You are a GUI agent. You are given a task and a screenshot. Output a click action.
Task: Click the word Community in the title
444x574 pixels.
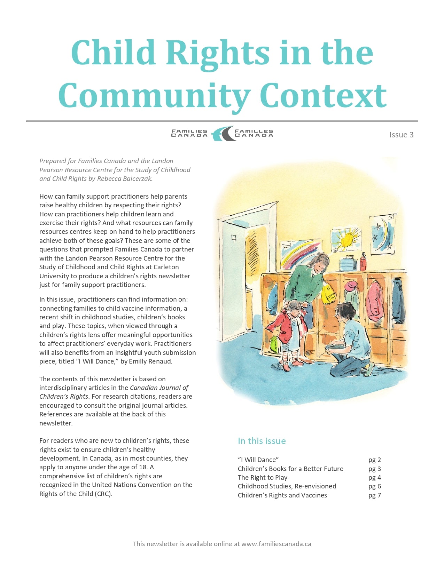(154, 96)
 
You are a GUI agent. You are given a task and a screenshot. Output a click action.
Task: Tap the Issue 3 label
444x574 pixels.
(401, 135)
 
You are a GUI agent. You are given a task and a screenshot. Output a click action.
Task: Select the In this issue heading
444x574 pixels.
(262, 441)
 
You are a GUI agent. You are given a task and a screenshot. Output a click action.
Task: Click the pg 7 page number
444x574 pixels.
(374, 495)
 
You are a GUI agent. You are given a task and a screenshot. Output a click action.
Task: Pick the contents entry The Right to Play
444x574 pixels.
(263, 477)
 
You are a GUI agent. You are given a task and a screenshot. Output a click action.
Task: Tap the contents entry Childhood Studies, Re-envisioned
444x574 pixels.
(287, 486)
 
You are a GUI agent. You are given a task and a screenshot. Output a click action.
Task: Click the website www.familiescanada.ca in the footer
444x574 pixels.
(276, 544)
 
